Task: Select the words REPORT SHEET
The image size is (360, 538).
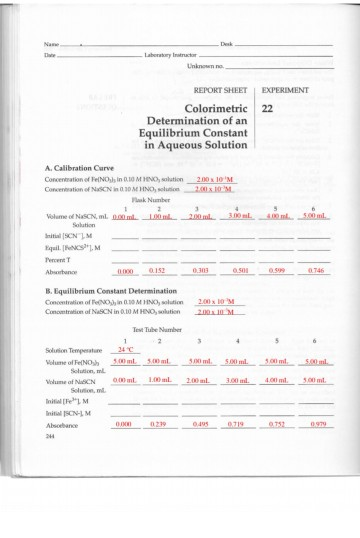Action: pyautogui.click(x=219, y=89)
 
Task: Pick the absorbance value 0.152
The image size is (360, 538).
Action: pyautogui.click(x=156, y=270)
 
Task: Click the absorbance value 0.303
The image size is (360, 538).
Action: pyautogui.click(x=199, y=270)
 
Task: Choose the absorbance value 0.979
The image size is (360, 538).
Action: pyautogui.click(x=316, y=424)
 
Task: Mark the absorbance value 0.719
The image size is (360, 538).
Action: pyautogui.click(x=236, y=424)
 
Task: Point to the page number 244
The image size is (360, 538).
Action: pyautogui.click(x=52, y=436)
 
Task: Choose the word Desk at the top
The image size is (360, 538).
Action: pyautogui.click(x=226, y=44)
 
